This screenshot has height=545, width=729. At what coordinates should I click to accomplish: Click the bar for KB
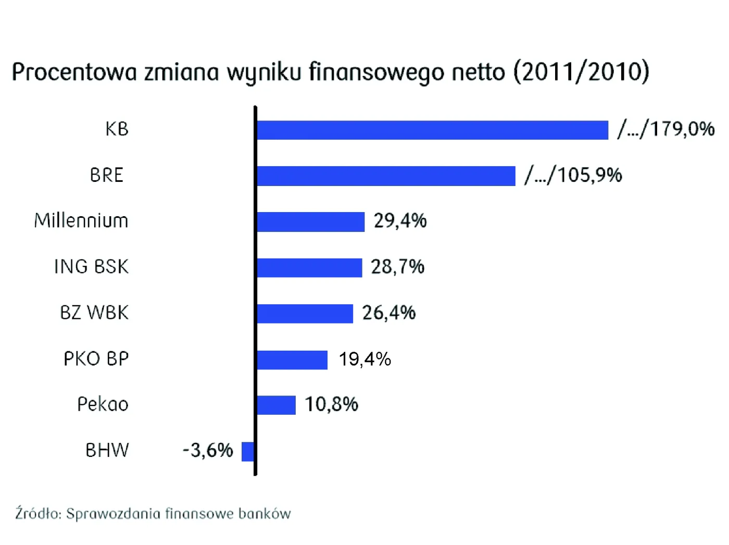coord(432,130)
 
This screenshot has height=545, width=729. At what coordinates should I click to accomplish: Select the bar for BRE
coord(386,176)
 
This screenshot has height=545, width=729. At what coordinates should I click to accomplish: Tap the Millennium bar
coord(310,222)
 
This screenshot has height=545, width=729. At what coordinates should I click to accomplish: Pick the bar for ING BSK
coord(309,268)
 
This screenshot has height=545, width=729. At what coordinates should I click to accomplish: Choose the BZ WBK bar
coord(305,314)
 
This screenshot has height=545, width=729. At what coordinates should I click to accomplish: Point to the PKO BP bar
coord(292,360)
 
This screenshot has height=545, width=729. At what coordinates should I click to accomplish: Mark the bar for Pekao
coord(276,405)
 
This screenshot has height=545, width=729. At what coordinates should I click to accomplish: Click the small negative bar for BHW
coord(248,451)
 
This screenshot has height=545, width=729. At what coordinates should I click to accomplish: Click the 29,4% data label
coord(400,221)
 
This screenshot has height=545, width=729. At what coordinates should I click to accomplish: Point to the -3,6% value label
coord(208,450)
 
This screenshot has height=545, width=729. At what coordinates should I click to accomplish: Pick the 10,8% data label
coord(331,404)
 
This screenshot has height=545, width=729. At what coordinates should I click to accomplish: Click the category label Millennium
coord(81,221)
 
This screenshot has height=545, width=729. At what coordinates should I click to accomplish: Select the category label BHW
coord(107,450)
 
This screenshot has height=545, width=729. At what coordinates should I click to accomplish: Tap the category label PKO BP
coord(96,359)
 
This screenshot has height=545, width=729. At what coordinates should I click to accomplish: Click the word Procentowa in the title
coord(74,72)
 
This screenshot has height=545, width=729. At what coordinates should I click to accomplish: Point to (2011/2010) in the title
coord(582,71)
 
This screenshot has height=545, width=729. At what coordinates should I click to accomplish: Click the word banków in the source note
coord(265,514)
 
